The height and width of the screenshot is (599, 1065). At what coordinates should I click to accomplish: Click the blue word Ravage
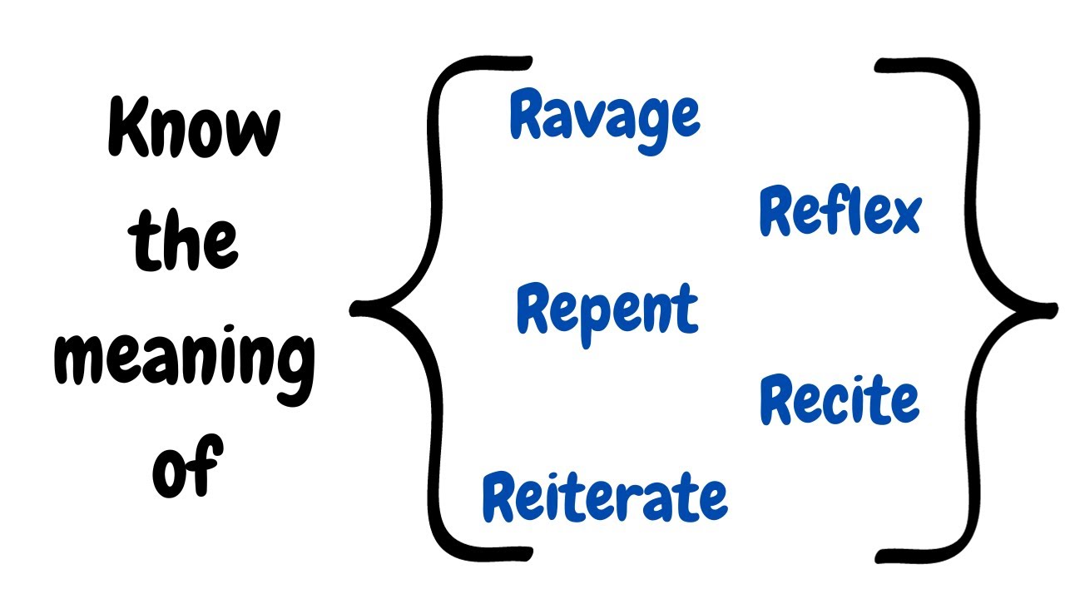click(605, 119)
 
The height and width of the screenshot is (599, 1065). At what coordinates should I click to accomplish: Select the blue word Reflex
click(840, 212)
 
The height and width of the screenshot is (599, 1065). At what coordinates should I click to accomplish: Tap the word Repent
click(607, 309)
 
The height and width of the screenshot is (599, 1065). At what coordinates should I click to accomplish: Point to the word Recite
click(840, 400)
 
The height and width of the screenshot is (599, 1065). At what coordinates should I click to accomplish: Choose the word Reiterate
click(605, 497)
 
